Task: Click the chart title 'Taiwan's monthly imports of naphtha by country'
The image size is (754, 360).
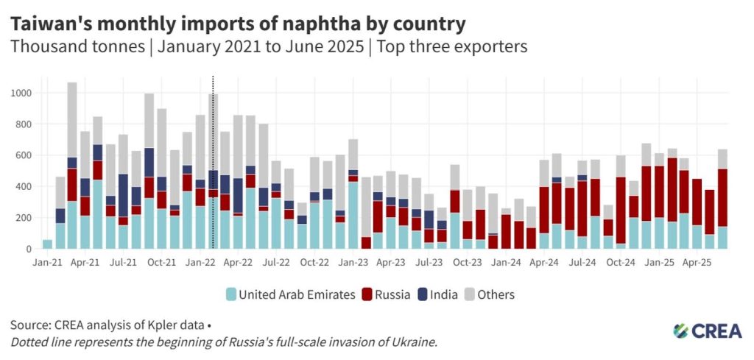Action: pos(237,24)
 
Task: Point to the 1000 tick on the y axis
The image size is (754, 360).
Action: pos(21,93)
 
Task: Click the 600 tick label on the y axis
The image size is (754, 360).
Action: pos(24,156)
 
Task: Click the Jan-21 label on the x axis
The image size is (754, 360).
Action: pos(46,261)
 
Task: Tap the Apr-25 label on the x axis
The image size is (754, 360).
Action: pos(695,261)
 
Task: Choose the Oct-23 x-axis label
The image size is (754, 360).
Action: pos(467,261)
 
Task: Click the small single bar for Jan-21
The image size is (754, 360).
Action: pos(47,244)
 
